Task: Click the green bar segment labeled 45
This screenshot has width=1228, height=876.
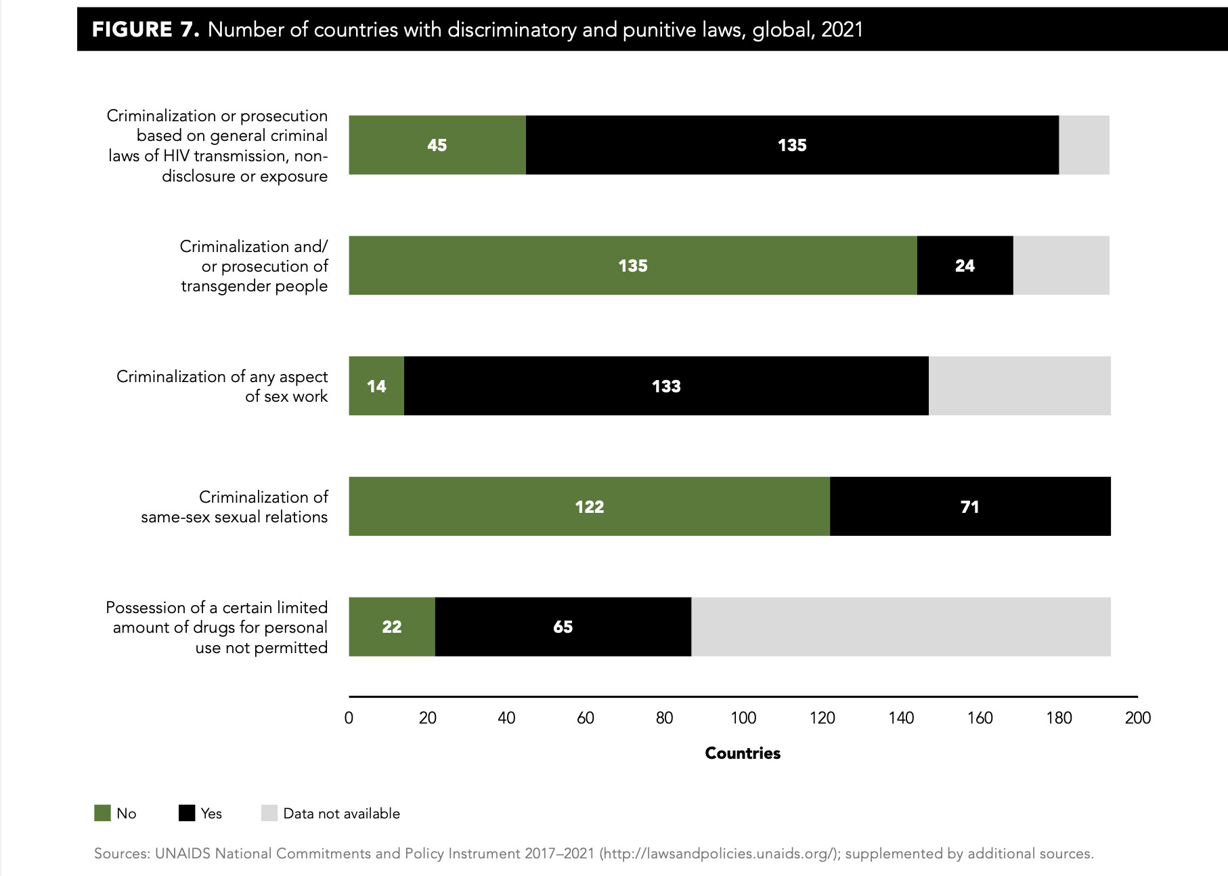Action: [437, 145]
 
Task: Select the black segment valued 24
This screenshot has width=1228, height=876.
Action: [965, 266]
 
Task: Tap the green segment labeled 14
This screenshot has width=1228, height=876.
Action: [376, 386]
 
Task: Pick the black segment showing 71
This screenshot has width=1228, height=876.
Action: [969, 507]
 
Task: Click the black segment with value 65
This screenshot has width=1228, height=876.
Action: [563, 627]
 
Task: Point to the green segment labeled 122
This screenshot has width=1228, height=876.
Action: [589, 507]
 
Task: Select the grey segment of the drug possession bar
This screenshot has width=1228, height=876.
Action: [900, 627]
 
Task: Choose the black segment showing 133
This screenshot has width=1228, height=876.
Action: [666, 386]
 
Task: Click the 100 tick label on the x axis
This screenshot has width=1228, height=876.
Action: [743, 718]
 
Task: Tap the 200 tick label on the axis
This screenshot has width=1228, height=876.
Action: [1137, 718]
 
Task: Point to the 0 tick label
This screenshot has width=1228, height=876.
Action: [349, 718]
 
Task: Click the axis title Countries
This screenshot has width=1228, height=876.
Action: [743, 753]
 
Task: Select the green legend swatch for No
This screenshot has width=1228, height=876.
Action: [102, 813]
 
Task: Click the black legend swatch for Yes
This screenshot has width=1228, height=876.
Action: [187, 813]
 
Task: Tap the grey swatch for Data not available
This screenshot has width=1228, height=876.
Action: [269, 813]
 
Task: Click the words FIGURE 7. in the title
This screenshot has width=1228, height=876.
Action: [146, 30]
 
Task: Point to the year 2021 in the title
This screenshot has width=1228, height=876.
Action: [842, 30]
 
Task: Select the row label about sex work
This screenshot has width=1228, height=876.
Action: [222, 386]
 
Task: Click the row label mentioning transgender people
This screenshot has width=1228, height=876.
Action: [254, 266]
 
